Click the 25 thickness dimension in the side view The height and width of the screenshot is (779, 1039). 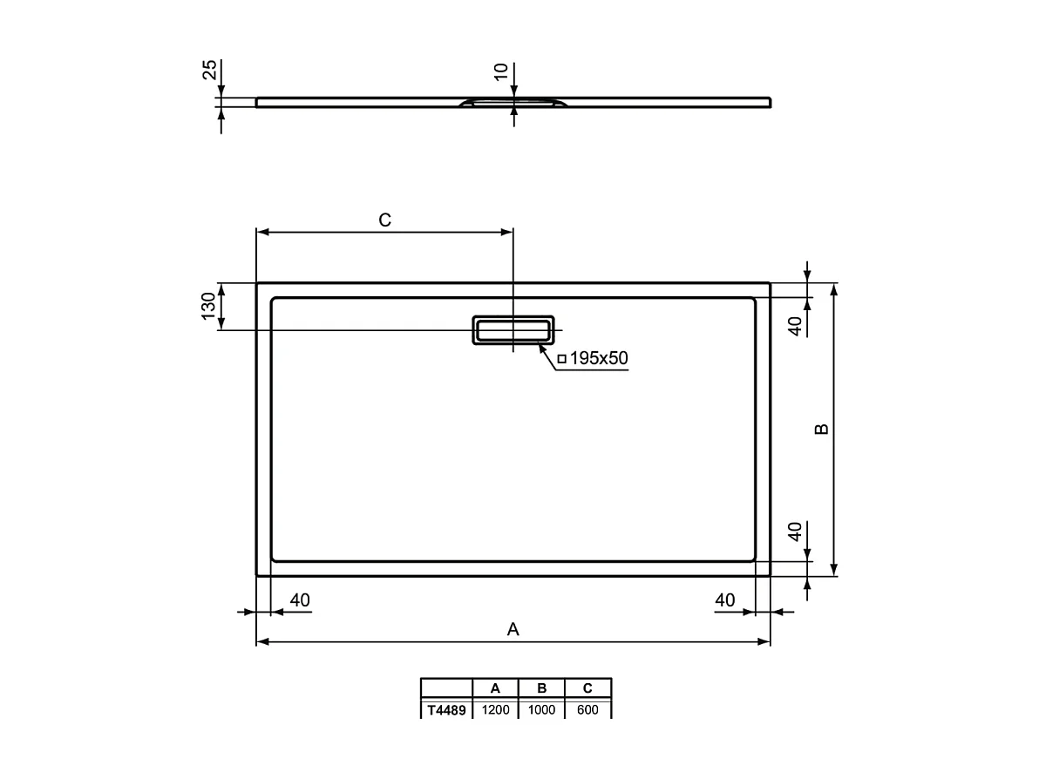tap(209, 70)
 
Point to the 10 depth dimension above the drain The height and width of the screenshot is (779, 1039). tap(501, 71)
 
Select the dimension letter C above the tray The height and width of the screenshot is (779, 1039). tap(384, 220)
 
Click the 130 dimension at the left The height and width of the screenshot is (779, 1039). tap(208, 306)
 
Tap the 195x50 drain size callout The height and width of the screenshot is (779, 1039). tap(598, 358)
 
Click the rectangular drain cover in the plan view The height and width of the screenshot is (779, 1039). tap(513, 330)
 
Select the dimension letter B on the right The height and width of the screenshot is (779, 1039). tap(821, 430)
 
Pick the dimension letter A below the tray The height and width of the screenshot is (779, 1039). tap(513, 629)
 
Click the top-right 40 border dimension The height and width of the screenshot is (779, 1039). tap(795, 325)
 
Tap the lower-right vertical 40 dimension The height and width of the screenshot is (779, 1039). tap(795, 532)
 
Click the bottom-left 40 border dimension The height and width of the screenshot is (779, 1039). tap(300, 599)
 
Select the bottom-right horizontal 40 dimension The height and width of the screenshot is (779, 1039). tap(724, 599)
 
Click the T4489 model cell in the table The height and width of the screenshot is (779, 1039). tap(446, 710)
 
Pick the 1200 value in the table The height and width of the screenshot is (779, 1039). tap(495, 710)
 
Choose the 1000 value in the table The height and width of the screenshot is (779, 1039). tap(541, 710)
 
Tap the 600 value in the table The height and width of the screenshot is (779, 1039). tap(587, 710)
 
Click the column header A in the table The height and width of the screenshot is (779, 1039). tap(495, 688)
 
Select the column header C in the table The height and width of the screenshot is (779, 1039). tap(587, 688)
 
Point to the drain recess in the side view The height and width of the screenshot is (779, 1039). tap(513, 104)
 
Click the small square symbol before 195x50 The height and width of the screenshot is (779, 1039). tap(561, 358)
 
